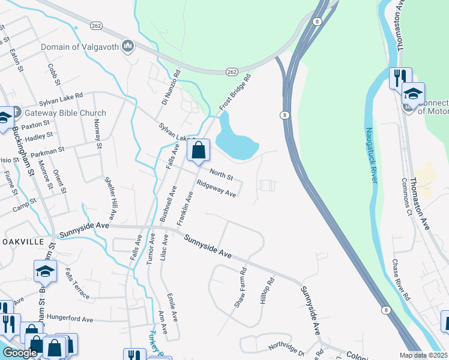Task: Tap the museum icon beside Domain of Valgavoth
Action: tap(127, 46)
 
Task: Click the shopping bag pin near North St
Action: tap(199, 151)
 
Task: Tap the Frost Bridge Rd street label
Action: tap(234, 92)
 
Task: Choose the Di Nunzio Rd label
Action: tap(170, 89)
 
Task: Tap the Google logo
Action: tap(20, 353)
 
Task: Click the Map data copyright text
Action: tap(423, 355)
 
